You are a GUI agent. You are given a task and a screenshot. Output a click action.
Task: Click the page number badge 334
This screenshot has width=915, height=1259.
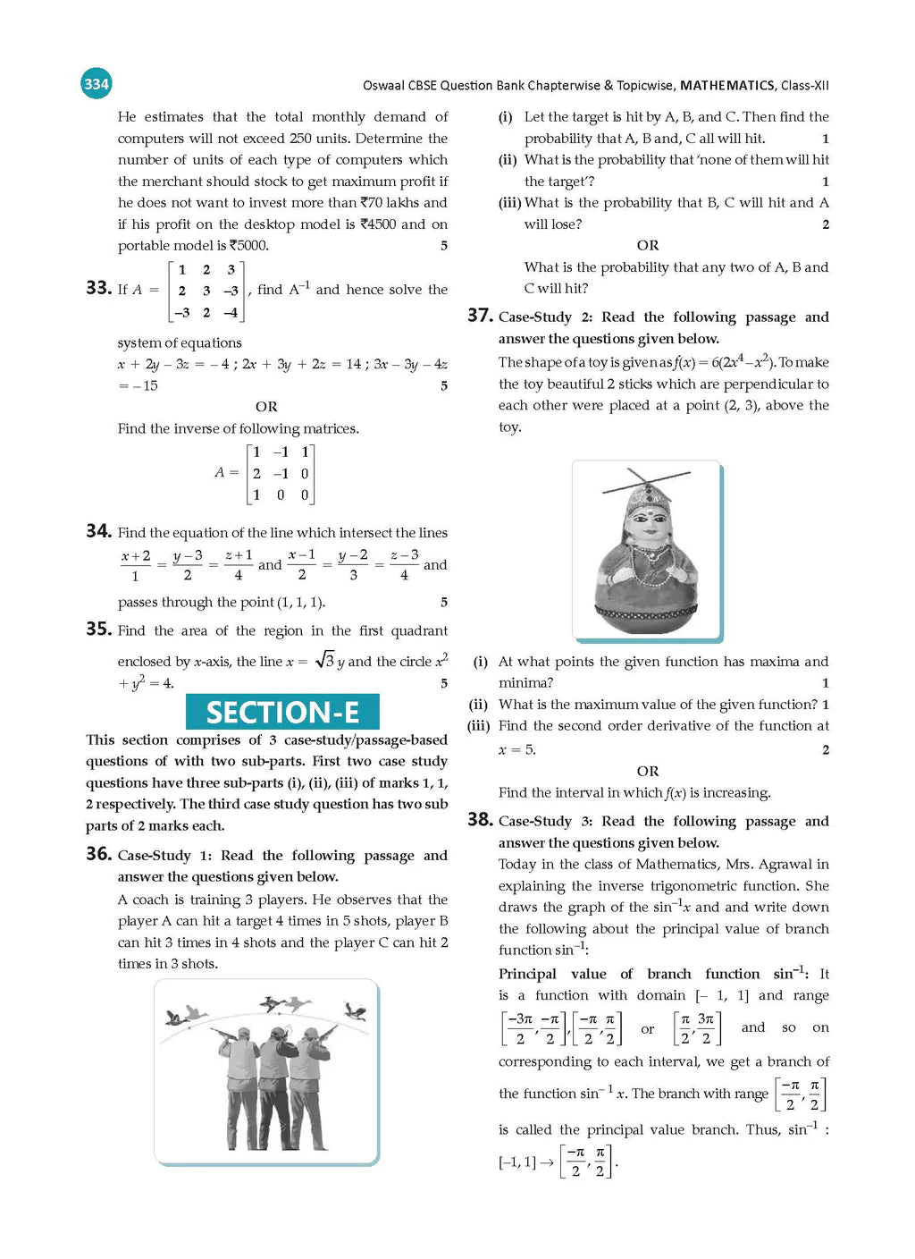(x=96, y=84)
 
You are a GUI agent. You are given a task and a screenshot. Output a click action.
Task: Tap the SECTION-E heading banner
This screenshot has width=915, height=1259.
(x=282, y=712)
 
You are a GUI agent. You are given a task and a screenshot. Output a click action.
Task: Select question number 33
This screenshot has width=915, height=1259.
(x=98, y=288)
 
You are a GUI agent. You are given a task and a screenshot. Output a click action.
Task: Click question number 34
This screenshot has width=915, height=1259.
(x=98, y=531)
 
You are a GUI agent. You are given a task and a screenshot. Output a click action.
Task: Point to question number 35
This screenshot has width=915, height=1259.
(x=98, y=629)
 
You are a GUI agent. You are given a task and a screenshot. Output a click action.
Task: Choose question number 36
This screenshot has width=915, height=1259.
(x=98, y=854)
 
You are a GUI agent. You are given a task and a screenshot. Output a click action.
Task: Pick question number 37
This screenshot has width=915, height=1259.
(x=480, y=316)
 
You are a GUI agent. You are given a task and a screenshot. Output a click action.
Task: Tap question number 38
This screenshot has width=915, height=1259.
(x=480, y=820)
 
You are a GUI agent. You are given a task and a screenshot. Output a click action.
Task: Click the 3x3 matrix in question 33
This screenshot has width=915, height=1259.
(x=206, y=291)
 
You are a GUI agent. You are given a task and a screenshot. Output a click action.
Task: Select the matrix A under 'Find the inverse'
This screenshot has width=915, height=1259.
(x=281, y=474)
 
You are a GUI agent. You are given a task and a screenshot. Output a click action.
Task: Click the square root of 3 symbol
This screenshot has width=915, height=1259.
(x=324, y=661)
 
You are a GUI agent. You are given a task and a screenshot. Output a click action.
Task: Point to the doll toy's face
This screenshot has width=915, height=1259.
(x=647, y=519)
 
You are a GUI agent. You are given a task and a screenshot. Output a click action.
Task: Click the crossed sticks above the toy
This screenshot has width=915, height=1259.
(x=647, y=482)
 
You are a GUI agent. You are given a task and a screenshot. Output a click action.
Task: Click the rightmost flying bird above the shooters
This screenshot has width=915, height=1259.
(x=357, y=1010)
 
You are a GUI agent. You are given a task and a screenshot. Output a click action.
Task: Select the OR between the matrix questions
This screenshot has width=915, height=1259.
(x=266, y=407)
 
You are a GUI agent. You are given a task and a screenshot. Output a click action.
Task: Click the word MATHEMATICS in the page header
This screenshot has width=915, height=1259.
(x=726, y=86)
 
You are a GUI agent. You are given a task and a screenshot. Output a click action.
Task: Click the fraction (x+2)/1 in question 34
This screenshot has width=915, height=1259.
(x=136, y=565)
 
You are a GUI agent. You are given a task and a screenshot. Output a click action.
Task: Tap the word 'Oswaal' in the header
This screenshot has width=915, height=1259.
(x=382, y=86)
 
